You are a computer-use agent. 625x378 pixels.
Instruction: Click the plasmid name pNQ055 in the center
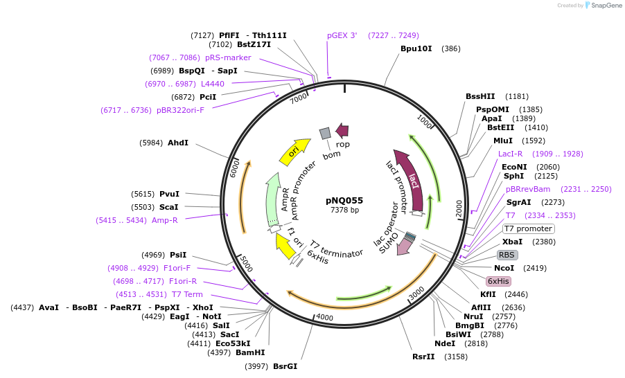pyautogui.click(x=344, y=200)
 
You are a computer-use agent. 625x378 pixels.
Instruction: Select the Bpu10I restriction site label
pyautogui.click(x=416, y=48)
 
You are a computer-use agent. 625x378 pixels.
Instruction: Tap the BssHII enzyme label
pyautogui.click(x=480, y=96)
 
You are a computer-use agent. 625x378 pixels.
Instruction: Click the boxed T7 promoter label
pyautogui.click(x=528, y=228)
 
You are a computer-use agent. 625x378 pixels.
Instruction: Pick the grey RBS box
pyautogui.click(x=507, y=255)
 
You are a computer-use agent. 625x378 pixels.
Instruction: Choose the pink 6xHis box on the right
pyautogui.click(x=498, y=281)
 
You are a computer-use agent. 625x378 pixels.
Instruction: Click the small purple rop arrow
pyautogui.click(x=342, y=129)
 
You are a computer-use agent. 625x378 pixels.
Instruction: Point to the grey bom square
pyautogui.click(x=324, y=133)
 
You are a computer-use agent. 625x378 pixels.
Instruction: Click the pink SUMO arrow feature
pyautogui.click(x=403, y=245)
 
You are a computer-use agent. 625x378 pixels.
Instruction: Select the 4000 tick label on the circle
pyautogui.click(x=324, y=318)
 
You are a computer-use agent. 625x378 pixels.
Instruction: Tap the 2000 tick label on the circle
pyautogui.click(x=459, y=208)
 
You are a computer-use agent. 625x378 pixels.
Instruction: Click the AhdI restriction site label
pyautogui.click(x=178, y=143)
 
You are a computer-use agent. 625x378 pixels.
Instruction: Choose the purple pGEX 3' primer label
pyautogui.click(x=342, y=35)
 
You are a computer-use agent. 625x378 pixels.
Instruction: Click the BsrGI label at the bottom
pyautogui.click(x=285, y=366)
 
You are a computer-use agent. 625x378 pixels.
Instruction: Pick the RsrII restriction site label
pyautogui.click(x=423, y=357)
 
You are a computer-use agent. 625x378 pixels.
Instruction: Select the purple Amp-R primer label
pyautogui.click(x=165, y=220)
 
